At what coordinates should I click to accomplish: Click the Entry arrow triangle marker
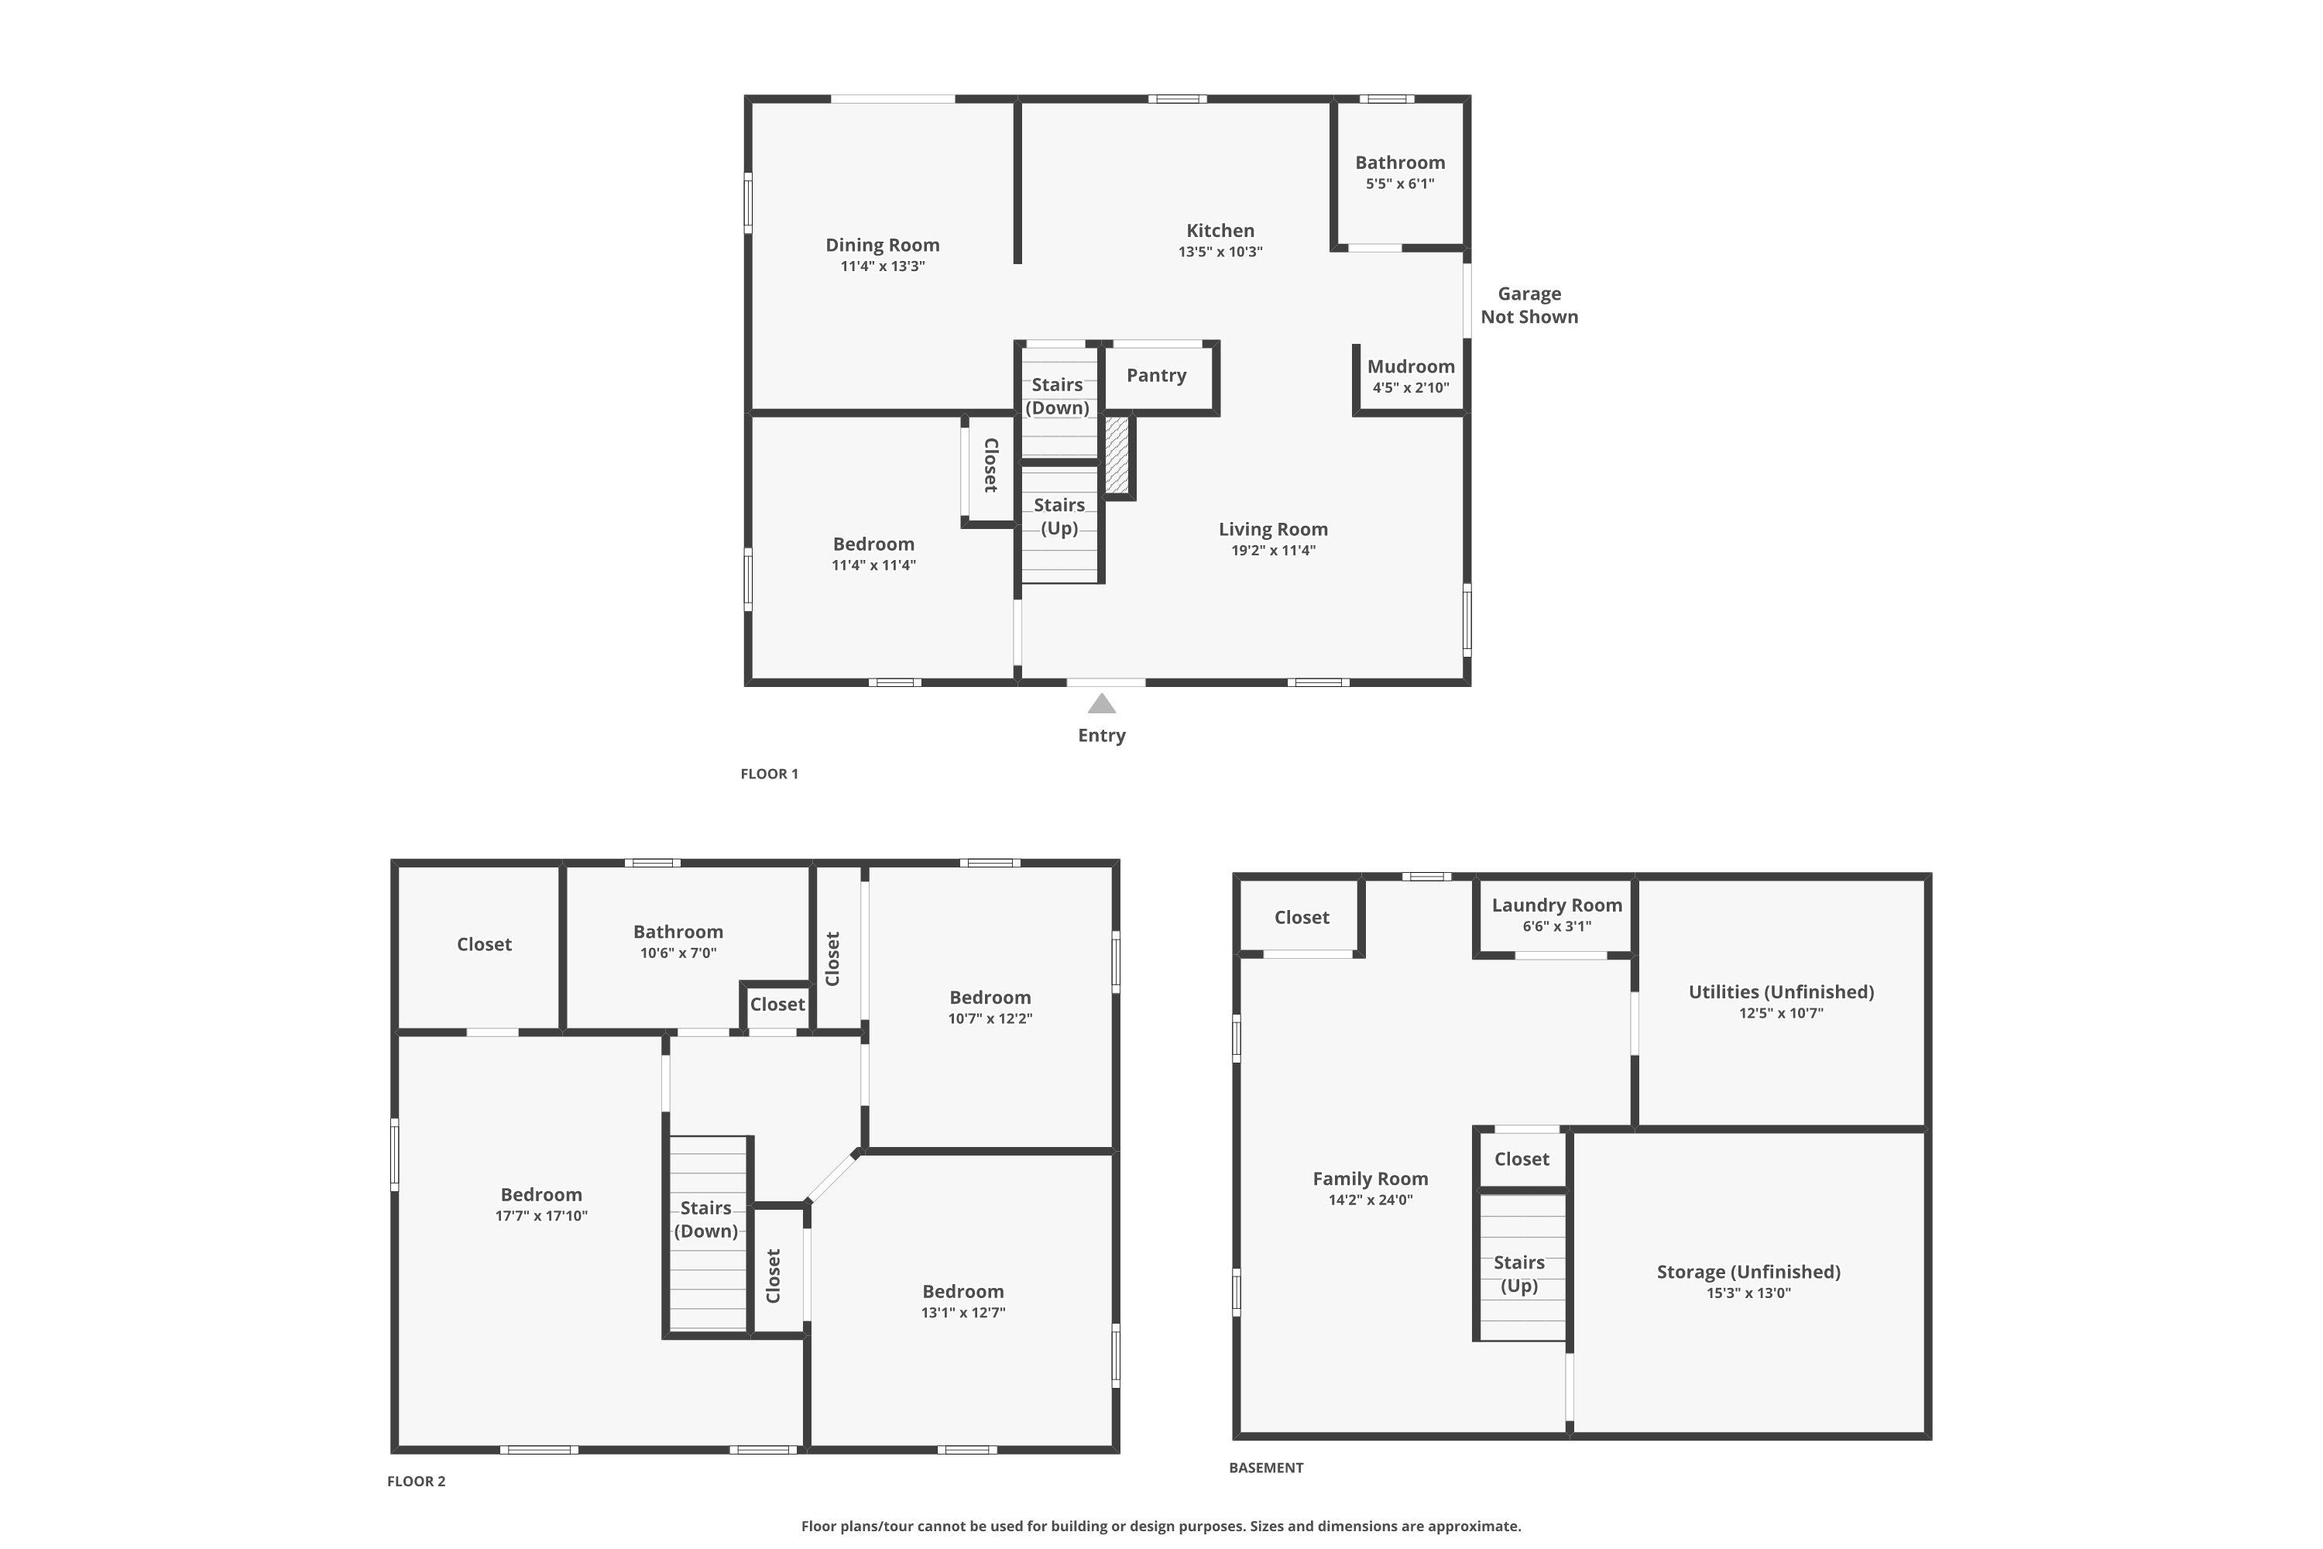coord(1101,703)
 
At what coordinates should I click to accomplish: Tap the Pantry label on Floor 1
coord(1157,376)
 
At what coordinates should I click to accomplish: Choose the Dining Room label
coord(882,245)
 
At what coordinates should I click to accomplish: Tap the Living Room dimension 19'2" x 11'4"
coord(1273,550)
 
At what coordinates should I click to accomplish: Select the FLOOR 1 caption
coord(770,774)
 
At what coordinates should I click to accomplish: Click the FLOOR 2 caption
coord(416,1481)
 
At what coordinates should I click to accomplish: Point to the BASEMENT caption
coord(1266,1467)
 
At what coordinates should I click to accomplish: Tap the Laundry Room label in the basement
coord(1556,905)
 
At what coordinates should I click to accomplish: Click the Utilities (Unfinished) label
coord(1781,992)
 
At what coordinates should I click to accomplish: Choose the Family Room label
coord(1370,1179)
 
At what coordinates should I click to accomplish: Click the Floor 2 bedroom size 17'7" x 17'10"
coord(541,1215)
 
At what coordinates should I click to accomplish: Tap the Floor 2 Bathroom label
coord(678,932)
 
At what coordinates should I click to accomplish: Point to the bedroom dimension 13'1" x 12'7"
coord(963,1312)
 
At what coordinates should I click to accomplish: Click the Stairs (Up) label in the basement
coord(1519,1273)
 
